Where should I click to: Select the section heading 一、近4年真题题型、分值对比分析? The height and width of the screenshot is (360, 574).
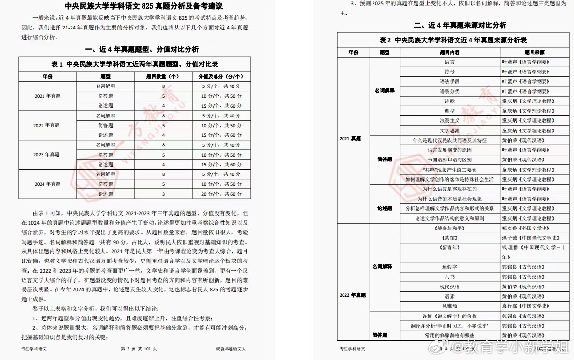point(141,49)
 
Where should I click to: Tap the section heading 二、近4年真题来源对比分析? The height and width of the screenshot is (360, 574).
point(453,25)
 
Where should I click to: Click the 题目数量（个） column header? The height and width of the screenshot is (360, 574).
point(163,76)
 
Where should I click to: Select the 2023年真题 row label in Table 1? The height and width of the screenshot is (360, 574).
point(47,155)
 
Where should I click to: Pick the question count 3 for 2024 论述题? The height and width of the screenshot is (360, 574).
point(163,194)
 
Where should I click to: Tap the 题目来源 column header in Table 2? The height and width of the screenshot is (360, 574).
point(534,52)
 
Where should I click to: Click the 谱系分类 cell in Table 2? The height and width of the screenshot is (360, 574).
point(449,91)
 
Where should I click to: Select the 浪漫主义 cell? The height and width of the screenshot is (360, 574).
point(449,121)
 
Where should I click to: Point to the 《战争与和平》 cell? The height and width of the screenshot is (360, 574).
point(449,228)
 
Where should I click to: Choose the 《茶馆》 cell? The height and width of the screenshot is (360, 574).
point(449,238)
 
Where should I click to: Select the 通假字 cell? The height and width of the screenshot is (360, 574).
point(449,267)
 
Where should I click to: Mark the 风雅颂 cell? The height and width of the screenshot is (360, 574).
point(449,306)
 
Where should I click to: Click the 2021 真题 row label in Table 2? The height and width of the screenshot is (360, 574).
point(350,139)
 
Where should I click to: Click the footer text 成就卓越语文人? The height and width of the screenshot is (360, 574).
point(231,349)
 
